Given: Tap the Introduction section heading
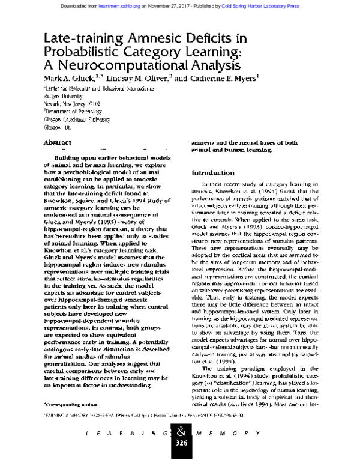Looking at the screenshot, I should pyautogui.click(x=215, y=172).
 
